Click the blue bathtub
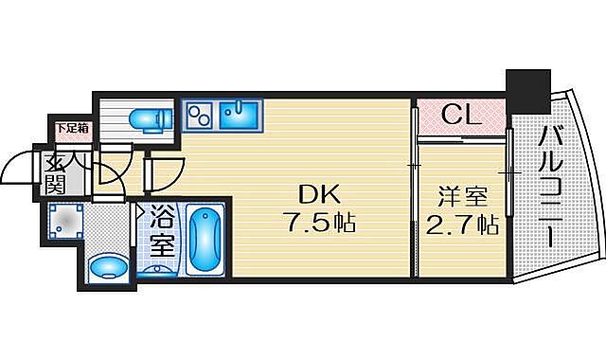tap(205, 239)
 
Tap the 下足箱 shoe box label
tap(69, 127)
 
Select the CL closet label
tap(461, 116)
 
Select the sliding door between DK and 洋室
tap(414, 189)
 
